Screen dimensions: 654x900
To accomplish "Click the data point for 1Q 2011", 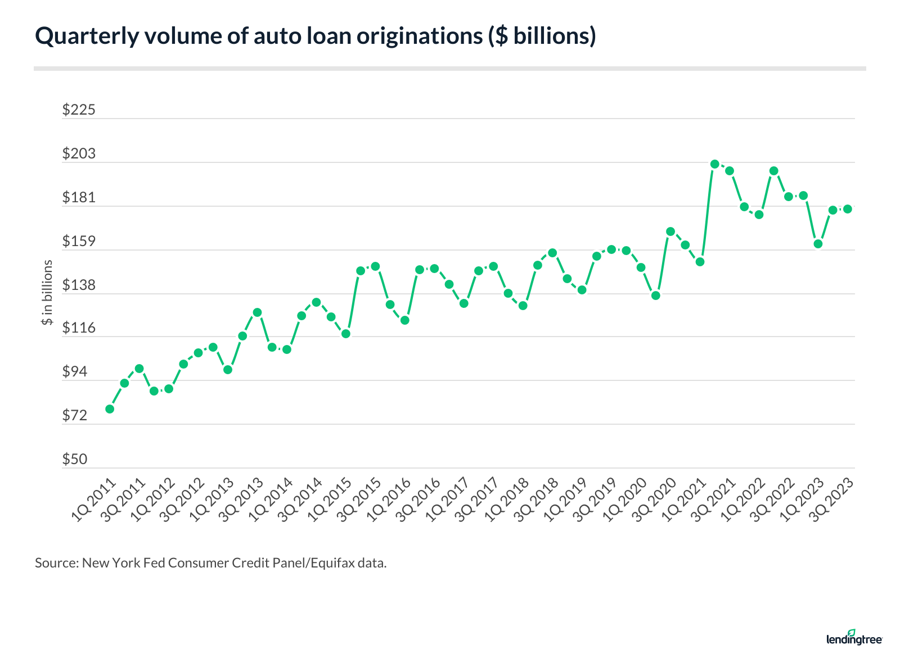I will [x=110, y=408].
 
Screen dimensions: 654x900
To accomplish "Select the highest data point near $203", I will [x=715, y=164].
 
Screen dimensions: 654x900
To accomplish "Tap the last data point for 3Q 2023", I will [x=848, y=209].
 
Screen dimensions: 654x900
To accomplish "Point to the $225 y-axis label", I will [x=79, y=110].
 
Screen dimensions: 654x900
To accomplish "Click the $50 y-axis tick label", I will [x=75, y=460].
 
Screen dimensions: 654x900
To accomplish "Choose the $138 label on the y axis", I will [x=79, y=285].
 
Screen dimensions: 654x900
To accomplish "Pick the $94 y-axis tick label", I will [x=75, y=372].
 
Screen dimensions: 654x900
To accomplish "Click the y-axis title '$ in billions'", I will [x=47, y=292].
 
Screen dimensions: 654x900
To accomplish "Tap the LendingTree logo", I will [x=854, y=638].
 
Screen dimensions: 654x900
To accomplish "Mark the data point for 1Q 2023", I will [x=818, y=244].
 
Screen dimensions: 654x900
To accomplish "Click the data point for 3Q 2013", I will [x=257, y=312].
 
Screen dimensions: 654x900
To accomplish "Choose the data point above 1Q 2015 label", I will [x=346, y=334].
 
